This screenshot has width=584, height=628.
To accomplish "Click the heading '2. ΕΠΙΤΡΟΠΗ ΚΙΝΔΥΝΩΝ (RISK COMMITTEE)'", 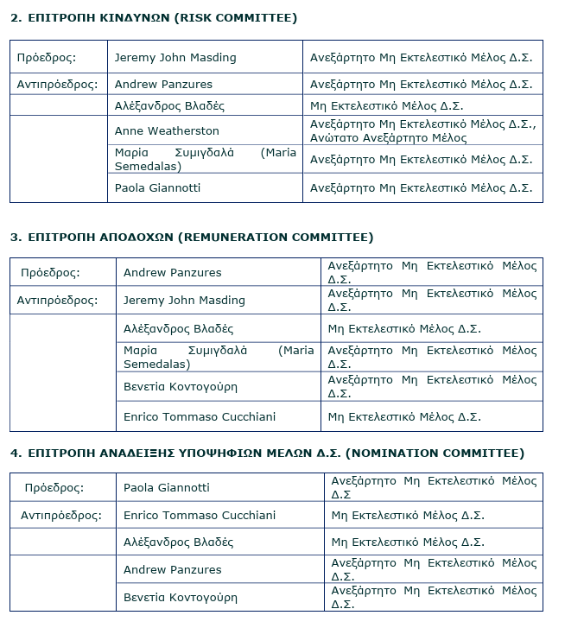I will click(154, 18).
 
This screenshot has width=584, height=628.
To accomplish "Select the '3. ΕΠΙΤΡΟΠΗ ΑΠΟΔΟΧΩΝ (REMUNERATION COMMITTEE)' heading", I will click(192, 237).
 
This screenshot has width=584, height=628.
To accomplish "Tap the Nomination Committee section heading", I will click(267, 453).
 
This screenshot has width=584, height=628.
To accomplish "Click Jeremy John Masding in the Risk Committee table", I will click(175, 58).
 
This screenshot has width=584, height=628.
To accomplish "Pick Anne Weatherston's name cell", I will click(167, 131).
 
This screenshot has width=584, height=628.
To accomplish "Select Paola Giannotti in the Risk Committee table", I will click(158, 187).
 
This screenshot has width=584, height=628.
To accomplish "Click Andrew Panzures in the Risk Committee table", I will click(163, 85).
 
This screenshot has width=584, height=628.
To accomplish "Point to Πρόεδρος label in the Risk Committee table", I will click(47, 58).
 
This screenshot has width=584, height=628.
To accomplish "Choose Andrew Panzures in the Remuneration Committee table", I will click(172, 273).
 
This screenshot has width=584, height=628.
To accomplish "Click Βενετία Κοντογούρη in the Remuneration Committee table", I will click(181, 387).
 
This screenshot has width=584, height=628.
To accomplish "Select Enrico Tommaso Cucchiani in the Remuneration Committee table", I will click(200, 416).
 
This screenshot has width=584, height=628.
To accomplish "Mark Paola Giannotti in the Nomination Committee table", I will click(167, 488).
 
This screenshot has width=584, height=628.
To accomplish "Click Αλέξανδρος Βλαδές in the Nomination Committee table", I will click(178, 542).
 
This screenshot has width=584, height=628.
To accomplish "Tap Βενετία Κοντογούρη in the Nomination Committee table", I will click(181, 598).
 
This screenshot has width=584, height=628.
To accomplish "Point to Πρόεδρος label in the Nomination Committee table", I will click(54, 488).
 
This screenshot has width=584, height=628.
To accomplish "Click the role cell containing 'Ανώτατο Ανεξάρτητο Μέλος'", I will click(422, 131).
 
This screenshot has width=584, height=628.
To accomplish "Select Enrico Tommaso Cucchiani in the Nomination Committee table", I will click(200, 516).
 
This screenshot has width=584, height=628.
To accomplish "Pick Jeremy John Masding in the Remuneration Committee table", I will click(184, 301).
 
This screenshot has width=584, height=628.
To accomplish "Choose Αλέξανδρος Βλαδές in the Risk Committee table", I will click(169, 106).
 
